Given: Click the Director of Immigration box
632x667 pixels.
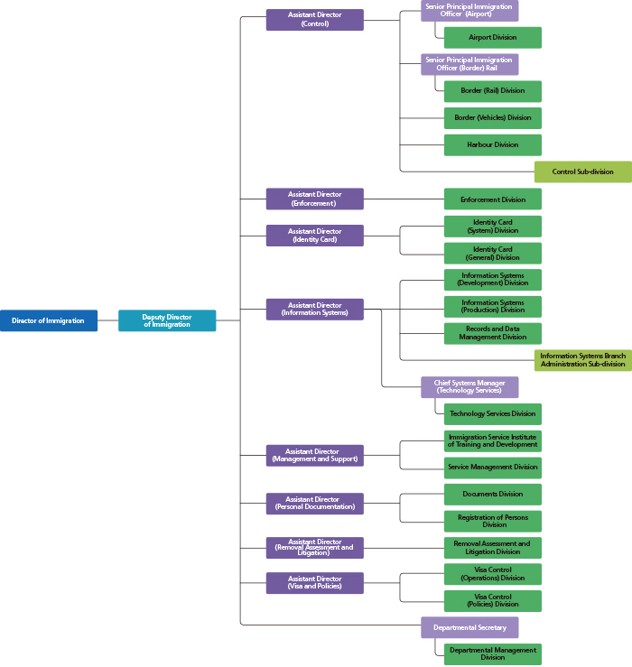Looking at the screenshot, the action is coord(49,320).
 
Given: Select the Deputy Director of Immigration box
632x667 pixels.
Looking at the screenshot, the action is coord(167,320).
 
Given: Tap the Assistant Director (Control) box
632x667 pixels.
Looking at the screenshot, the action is coord(315,20).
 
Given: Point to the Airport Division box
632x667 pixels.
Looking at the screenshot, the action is coord(493,37).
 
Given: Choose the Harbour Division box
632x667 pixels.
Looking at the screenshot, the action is coord(493,145).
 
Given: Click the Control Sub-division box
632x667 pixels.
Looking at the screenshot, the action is coord(583,171).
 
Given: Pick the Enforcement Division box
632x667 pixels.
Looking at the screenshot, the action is coord(493,199).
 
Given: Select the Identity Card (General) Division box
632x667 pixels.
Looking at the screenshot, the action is coord(493,253).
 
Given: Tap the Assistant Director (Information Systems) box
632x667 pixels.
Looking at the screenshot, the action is coord(315,310).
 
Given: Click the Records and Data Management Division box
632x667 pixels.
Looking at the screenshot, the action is coord(493,333).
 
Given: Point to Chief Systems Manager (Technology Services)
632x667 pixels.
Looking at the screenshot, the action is coord(469,387).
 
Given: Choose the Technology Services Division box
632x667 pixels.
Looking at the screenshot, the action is coord(493,414).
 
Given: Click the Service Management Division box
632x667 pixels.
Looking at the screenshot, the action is coord(493,468).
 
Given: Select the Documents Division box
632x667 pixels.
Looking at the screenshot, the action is coord(493,495).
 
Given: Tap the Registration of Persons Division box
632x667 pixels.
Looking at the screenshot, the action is coord(493,521).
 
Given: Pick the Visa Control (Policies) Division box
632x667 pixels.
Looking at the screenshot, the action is coord(493,600).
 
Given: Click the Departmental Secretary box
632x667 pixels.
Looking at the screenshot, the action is coord(469,627).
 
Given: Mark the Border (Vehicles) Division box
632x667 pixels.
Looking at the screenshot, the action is coord(493,118).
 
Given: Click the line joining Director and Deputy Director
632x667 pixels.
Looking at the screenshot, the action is coord(107,320).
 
